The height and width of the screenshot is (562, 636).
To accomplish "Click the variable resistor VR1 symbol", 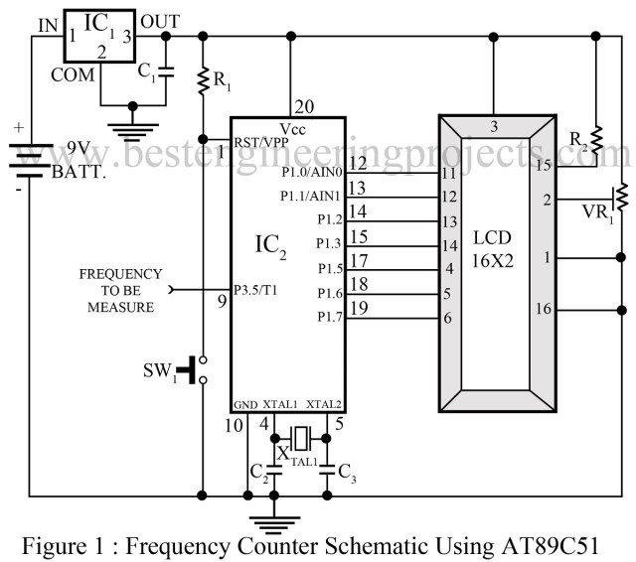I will tap(621, 198).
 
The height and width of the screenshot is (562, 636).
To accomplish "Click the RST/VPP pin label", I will tap(257, 142).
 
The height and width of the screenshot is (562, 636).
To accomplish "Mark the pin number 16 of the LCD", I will tap(545, 311).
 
